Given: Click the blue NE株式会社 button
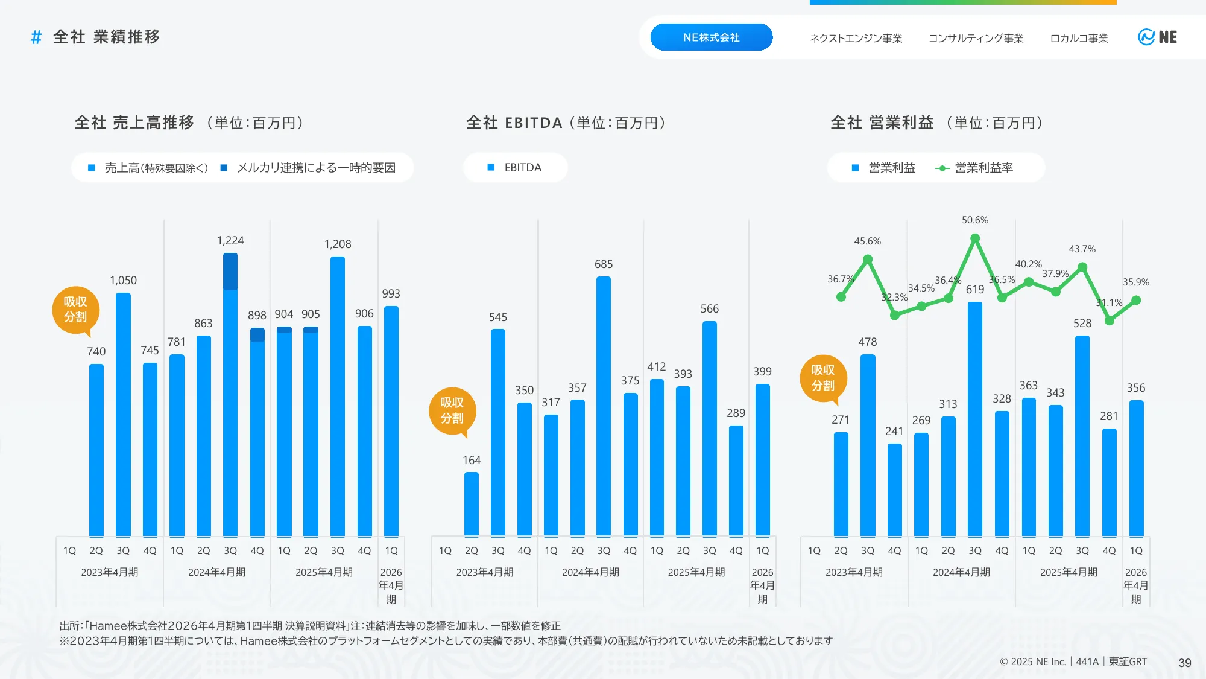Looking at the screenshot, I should (711, 37).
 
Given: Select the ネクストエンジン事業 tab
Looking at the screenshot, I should (856, 39).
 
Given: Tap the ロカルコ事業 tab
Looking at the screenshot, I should (1079, 39).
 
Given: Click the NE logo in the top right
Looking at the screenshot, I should (1157, 37).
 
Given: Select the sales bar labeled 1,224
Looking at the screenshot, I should (230, 392).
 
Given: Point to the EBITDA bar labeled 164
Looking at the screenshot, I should (472, 504).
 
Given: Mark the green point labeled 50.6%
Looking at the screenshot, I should (975, 238).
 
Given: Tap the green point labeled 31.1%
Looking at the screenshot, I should (1110, 320).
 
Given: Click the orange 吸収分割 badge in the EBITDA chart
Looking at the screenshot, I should (452, 410).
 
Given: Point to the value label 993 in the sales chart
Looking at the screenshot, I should (391, 294).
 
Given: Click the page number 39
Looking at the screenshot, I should (1184, 663).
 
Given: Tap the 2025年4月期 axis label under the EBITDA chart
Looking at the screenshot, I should (696, 572).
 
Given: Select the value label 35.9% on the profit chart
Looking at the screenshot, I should (1135, 282).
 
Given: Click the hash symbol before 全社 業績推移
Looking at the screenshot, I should (36, 37).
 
